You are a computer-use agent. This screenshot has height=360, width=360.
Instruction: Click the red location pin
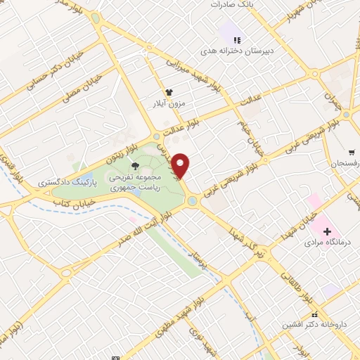181,166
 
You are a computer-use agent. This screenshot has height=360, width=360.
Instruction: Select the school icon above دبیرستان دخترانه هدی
237,40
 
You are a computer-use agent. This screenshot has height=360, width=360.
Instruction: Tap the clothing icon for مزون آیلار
169,92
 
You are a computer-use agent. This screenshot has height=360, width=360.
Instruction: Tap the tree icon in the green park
135,166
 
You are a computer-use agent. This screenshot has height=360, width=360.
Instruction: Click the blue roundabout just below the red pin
192,202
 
